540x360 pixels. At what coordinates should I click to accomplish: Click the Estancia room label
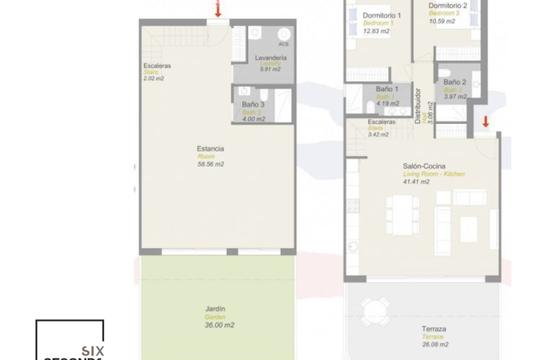[210, 148]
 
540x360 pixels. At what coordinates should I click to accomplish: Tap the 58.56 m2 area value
[211, 164]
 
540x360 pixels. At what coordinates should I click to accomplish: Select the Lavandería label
[271, 58]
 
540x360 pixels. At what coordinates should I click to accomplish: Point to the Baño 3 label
[253, 105]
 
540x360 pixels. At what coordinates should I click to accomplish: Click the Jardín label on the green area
[215, 309]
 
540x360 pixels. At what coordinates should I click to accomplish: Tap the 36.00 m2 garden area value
[219, 325]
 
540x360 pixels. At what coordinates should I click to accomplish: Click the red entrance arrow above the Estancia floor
[218, 11]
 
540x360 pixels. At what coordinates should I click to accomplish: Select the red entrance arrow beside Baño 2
[485, 121]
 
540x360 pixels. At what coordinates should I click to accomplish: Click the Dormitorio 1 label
[381, 15]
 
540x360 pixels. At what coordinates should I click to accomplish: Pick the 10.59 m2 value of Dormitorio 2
[442, 21]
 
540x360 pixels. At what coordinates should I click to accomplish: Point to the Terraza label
[434, 329]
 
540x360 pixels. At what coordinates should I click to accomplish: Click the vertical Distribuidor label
[418, 106]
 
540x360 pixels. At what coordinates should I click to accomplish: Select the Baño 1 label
[387, 89]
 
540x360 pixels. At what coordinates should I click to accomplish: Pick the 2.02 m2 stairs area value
[154, 79]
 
